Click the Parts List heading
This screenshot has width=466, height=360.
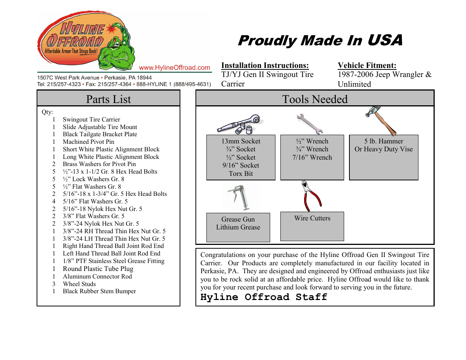(x=108, y=99)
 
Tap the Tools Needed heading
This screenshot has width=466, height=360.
(x=315, y=99)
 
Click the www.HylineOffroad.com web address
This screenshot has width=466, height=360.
(x=174, y=68)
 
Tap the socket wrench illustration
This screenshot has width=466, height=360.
(x=240, y=124)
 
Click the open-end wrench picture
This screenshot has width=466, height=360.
(x=309, y=124)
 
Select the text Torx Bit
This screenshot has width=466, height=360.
(x=241, y=174)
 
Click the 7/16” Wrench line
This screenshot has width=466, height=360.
(x=312, y=157)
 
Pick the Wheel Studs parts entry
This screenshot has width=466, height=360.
(x=79, y=284)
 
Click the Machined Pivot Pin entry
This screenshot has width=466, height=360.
(x=88, y=142)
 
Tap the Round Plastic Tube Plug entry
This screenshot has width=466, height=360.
(x=98, y=269)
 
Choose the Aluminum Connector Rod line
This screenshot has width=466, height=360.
(x=97, y=276)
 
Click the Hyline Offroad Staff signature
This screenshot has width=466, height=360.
(x=263, y=297)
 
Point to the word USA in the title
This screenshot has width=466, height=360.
(x=384, y=40)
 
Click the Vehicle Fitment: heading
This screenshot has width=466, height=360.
(x=367, y=65)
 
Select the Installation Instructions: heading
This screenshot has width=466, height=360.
(x=265, y=65)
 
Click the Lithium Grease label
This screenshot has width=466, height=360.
(x=238, y=227)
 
